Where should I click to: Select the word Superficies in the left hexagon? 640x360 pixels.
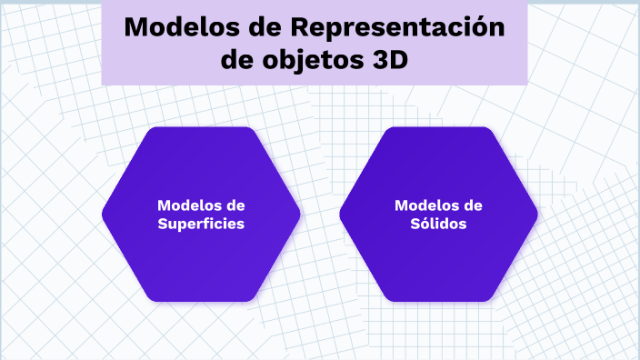201,224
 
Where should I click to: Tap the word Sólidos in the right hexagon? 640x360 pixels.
438,223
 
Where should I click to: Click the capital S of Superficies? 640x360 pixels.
163,224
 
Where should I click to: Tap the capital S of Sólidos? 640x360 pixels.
415,223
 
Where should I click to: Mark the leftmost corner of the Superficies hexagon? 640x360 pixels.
103,215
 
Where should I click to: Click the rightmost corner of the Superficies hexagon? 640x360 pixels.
300,215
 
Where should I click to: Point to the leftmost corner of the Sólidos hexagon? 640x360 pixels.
340,215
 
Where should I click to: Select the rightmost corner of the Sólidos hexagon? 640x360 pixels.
537,215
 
